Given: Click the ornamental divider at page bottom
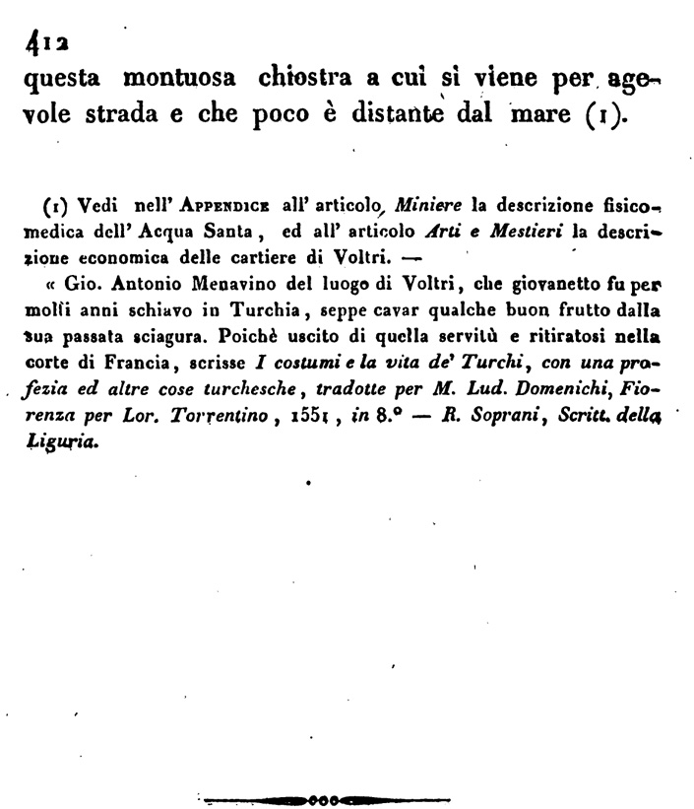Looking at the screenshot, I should [x=326, y=797].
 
